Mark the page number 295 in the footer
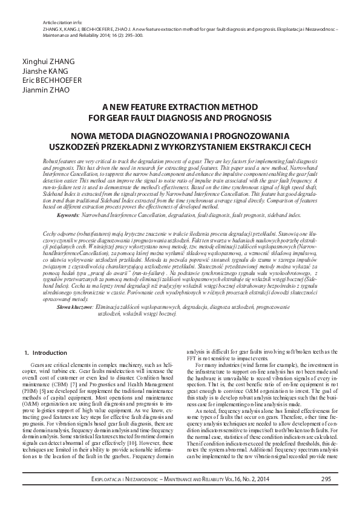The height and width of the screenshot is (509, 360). [x=326, y=479]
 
